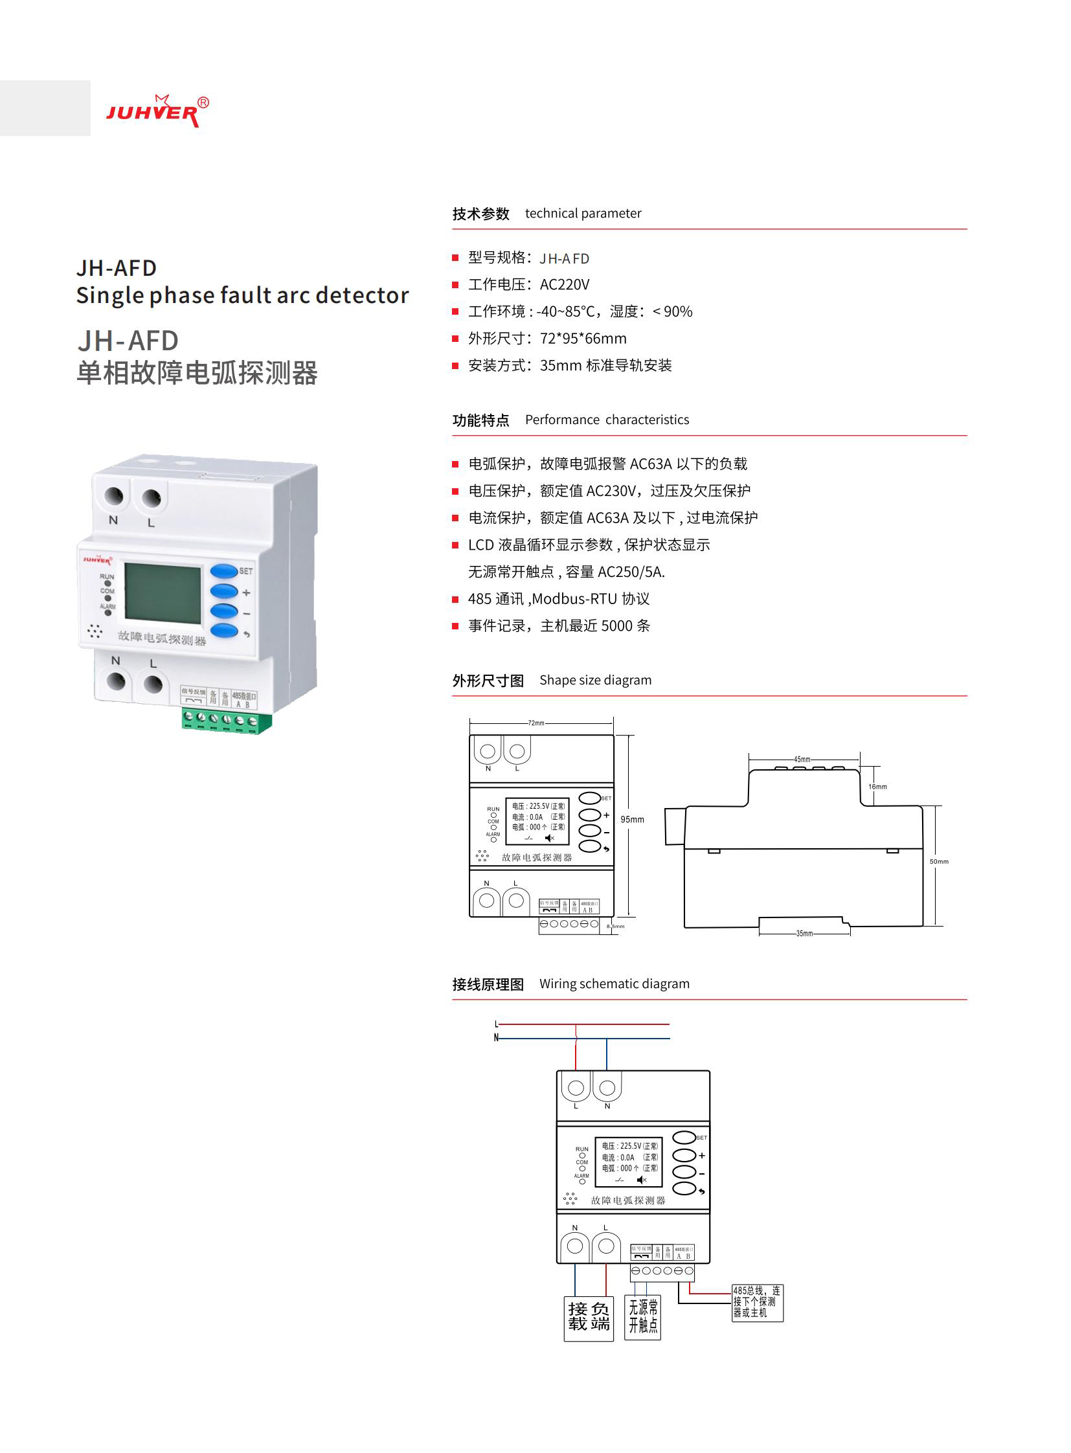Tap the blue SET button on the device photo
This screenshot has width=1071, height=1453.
223,571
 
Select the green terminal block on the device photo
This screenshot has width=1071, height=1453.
226,720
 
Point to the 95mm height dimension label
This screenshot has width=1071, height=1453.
632,820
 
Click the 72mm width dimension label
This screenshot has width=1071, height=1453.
536,722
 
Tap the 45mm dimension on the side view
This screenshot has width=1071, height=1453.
802,759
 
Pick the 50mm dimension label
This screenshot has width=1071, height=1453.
938,862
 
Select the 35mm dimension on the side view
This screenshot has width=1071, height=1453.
804,933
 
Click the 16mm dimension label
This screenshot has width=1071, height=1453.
877,787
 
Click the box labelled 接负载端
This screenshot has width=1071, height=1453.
589,1317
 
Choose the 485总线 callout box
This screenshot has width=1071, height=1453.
756,1302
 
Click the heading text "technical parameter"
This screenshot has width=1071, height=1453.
583,213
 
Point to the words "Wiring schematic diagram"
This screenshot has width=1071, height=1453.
614,984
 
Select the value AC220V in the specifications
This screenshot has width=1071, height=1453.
565,285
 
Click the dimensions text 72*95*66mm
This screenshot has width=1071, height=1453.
583,339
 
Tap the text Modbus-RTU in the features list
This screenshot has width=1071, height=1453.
574,599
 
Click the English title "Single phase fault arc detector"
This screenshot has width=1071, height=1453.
242,296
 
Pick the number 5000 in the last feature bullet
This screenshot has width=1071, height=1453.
616,625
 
